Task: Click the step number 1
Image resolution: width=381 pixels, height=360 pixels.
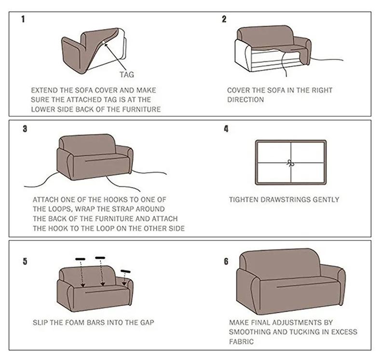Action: tap(23, 20)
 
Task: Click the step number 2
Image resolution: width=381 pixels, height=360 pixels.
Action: tap(224, 19)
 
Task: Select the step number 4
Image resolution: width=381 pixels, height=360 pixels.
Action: tap(226, 129)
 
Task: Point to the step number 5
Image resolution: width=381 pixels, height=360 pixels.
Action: tap(25, 262)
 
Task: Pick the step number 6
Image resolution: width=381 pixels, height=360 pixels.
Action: tap(226, 261)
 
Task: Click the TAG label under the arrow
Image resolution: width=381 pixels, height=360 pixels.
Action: tap(127, 74)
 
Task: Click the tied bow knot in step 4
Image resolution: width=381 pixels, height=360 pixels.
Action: tap(290, 163)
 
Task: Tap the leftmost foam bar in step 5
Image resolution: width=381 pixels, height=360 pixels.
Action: tap(80, 259)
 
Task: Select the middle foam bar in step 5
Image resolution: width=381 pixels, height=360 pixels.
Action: tap(100, 258)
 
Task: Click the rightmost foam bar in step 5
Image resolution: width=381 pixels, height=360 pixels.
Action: tap(125, 271)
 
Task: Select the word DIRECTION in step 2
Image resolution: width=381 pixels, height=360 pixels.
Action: tap(245, 99)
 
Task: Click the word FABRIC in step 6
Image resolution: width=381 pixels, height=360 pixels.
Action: tap(242, 341)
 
